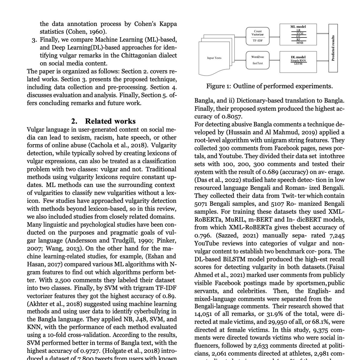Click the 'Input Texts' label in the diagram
(x=214, y=58)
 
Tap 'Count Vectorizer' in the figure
(x=258, y=33)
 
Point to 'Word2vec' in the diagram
(x=258, y=57)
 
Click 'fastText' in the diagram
(x=258, y=64)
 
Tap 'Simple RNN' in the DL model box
(x=298, y=61)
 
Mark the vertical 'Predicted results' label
(x=333, y=49)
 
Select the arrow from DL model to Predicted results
(x=319, y=61)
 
